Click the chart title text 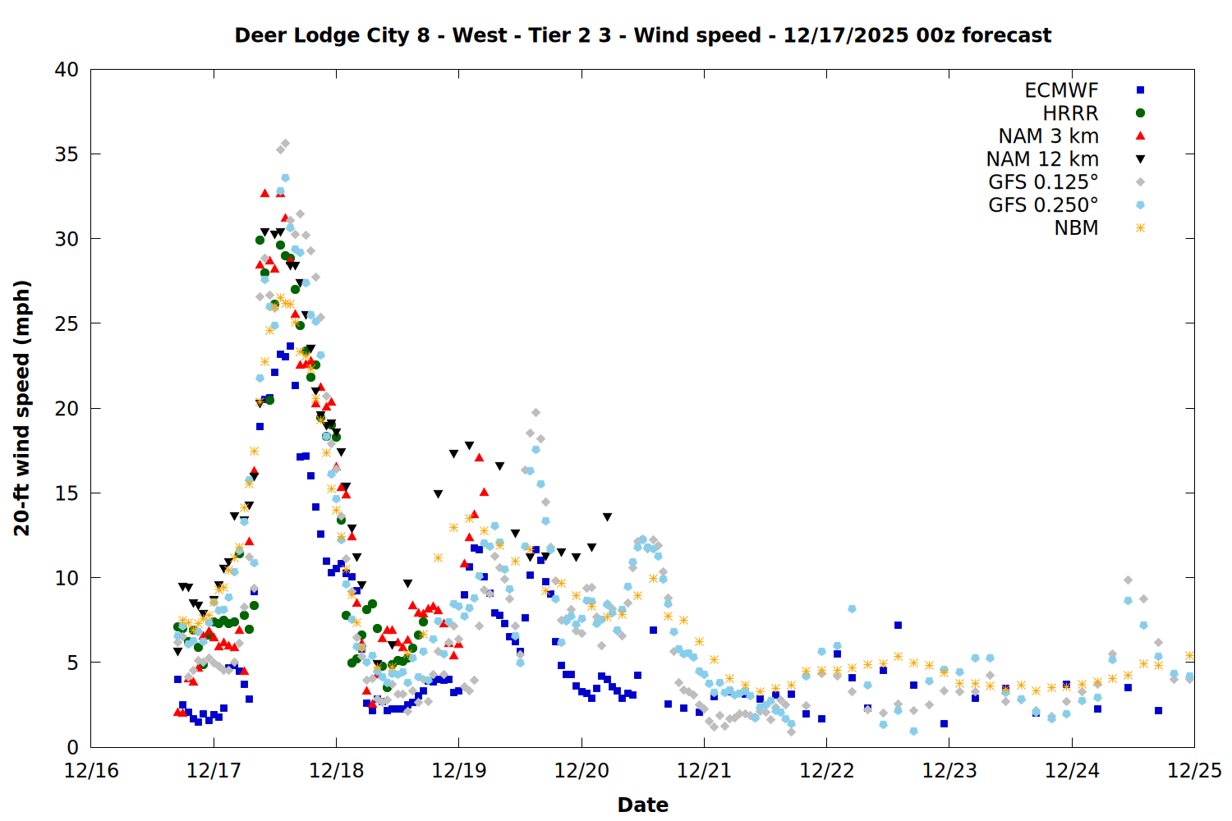point(642,35)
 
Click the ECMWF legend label point(1061,90)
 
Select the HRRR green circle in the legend point(1140,113)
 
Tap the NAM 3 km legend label point(1048,136)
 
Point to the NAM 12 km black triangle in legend point(1140,159)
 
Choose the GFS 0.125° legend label point(1043,182)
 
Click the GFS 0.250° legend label point(1043,205)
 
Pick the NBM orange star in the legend point(1140,228)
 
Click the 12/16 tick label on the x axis point(91,771)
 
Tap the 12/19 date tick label point(458,771)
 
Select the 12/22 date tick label point(826,771)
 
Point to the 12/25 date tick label point(1194,771)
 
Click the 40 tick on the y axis point(67,70)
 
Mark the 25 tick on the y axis point(67,323)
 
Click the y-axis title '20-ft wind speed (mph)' point(22,408)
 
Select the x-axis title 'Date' point(642,805)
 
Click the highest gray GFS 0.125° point point(285,144)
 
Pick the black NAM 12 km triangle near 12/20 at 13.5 point(607,517)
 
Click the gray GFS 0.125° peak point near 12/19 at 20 point(536,413)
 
